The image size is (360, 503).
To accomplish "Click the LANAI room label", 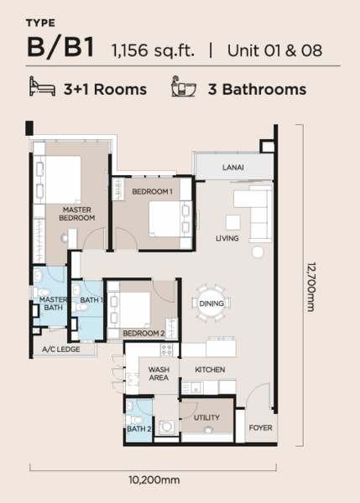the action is pyautogui.click(x=232, y=168).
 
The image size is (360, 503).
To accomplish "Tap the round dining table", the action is pyautogui.click(x=211, y=303).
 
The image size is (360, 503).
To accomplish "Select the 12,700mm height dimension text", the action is pyautogui.click(x=311, y=287).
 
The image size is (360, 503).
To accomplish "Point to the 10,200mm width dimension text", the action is pyautogui.click(x=154, y=480).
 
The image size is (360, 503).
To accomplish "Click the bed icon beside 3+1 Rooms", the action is pyautogui.click(x=42, y=86).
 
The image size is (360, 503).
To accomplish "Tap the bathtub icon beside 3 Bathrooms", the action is pyautogui.click(x=184, y=86).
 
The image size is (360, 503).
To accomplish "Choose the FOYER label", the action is pyautogui.click(x=260, y=428).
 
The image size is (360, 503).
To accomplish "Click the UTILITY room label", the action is pyautogui.click(x=206, y=417).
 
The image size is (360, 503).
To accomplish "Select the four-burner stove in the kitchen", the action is pyautogui.click(x=166, y=350).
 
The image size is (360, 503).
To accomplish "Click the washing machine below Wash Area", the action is pyautogui.click(x=166, y=427).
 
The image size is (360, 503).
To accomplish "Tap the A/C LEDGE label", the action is pyautogui.click(x=61, y=350).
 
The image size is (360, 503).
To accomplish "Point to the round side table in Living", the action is pyautogui.click(x=258, y=252).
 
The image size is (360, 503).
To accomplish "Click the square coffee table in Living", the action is pyautogui.click(x=232, y=222).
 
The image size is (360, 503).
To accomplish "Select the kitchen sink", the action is pyautogui.click(x=192, y=387).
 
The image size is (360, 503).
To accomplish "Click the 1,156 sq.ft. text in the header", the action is pyautogui.click(x=153, y=50).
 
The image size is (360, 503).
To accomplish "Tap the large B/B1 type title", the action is pyautogui.click(x=60, y=47).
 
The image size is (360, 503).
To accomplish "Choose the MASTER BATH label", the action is pyautogui.click(x=54, y=303).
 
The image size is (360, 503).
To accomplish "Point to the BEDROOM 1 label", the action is pyautogui.click(x=152, y=191).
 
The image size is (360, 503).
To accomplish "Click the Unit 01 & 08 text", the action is pyautogui.click(x=274, y=50).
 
